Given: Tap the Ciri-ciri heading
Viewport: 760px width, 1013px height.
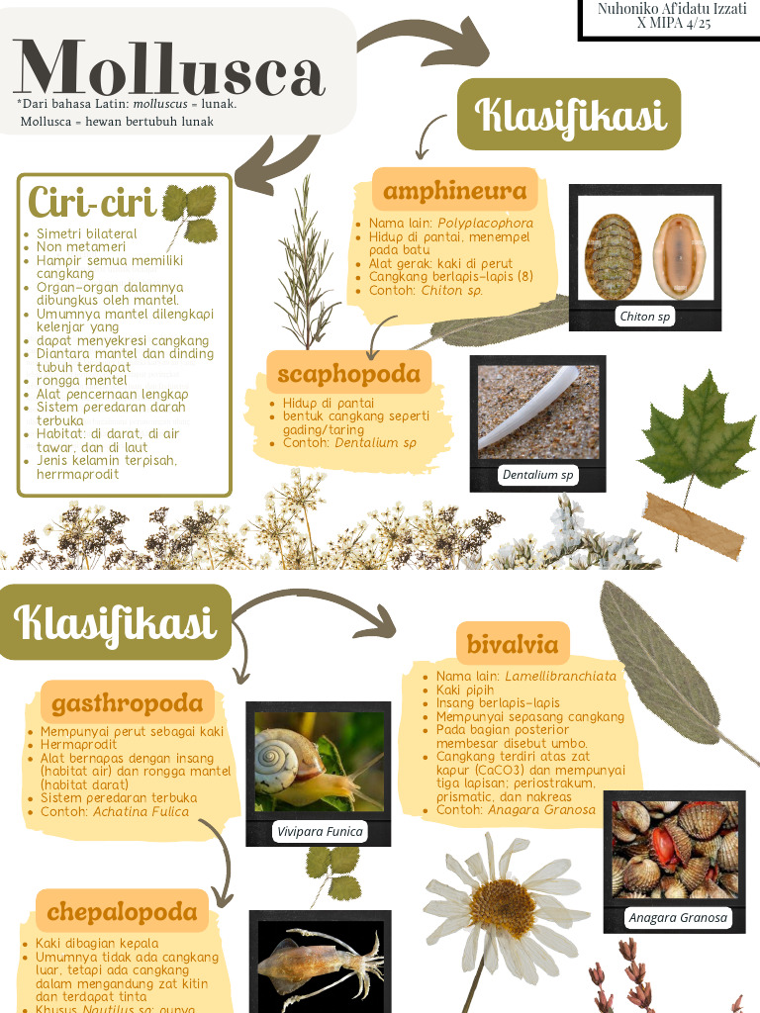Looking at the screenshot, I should click(92, 203).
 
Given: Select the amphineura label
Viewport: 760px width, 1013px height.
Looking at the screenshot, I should click(454, 190).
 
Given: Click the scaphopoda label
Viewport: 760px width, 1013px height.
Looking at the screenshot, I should click(348, 373).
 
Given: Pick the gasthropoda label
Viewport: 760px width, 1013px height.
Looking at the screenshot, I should click(127, 702).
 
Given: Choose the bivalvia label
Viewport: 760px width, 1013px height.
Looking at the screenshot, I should click(513, 644).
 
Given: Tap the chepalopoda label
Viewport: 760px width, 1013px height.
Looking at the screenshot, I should click(122, 910).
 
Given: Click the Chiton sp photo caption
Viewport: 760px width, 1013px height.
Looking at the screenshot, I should click(644, 317).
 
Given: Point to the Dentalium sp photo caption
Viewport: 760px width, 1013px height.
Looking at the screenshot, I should click(537, 475).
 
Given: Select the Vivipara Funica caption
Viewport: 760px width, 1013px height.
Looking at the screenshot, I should click(320, 831).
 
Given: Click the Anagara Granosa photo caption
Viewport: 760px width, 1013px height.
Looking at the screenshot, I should click(678, 917).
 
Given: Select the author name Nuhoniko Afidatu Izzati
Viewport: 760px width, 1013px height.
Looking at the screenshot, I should click(672, 8).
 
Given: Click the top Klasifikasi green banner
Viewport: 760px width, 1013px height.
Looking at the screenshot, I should click(569, 115).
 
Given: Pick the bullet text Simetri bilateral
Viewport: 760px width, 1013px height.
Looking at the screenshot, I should click(87, 234).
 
